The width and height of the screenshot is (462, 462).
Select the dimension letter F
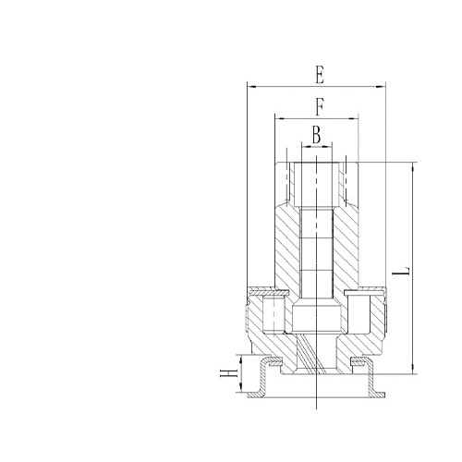coord(318,105)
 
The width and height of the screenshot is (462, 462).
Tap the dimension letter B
coord(316,135)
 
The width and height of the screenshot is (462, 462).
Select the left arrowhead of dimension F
coord(277,117)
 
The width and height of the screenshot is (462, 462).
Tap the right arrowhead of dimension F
coord(355,117)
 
